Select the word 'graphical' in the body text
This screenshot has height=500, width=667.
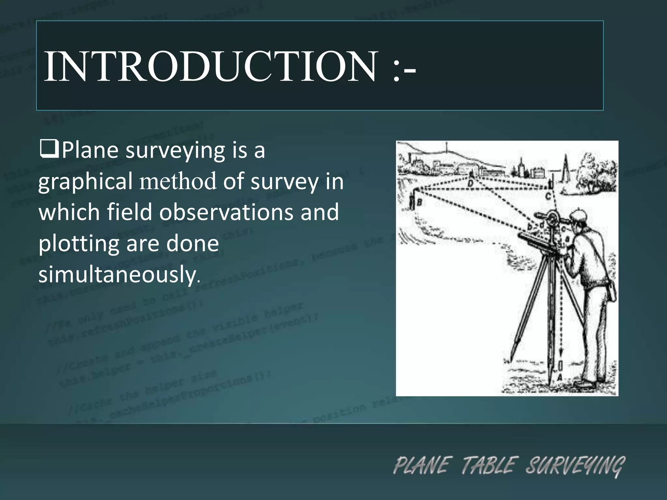(x=85, y=182)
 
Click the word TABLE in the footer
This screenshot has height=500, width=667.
(x=489, y=465)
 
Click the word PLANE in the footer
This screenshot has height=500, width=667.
(x=422, y=465)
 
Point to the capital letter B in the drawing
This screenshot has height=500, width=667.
(x=419, y=203)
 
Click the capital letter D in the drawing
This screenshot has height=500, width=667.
(x=471, y=184)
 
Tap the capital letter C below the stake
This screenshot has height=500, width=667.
(x=548, y=196)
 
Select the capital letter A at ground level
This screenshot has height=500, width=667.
(x=560, y=378)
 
